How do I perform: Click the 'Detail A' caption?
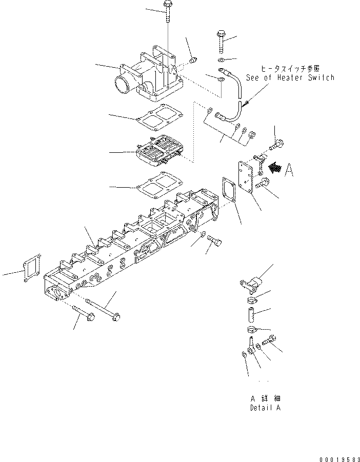tap(265, 408)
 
